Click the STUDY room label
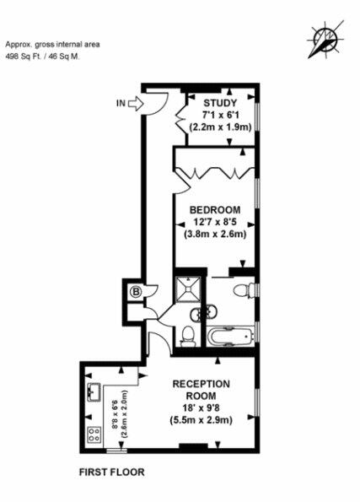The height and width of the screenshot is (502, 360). point(221,103)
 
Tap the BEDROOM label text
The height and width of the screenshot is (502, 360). point(215,210)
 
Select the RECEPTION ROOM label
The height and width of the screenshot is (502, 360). point(201,390)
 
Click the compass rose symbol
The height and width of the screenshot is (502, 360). point(325,40)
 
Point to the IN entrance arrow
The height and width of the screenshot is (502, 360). point(136,104)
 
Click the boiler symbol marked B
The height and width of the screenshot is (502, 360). point(137,292)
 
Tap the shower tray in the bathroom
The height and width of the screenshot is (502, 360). point(189,289)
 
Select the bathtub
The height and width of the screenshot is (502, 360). point(231,337)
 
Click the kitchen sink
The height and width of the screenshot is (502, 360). point(94,392)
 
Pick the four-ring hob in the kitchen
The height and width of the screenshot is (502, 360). point(94,435)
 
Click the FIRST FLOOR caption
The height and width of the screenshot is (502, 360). point(111,472)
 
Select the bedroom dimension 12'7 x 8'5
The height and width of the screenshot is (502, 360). point(215,222)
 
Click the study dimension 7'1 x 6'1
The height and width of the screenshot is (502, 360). point(221,115)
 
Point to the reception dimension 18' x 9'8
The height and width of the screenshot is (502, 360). point(201,408)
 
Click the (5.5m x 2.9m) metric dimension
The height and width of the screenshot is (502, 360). point(201,419)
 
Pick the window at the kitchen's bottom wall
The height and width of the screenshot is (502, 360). point(116,451)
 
